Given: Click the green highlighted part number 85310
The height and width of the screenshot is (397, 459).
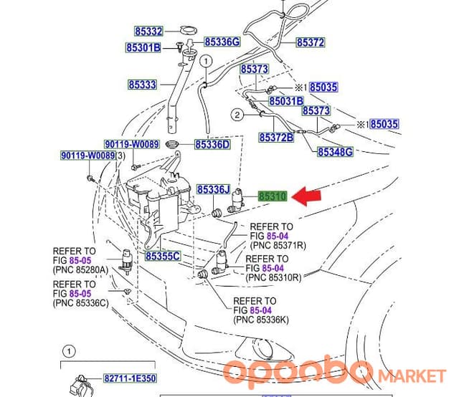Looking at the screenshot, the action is [x=273, y=196].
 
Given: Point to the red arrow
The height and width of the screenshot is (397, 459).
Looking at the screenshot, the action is [x=306, y=196].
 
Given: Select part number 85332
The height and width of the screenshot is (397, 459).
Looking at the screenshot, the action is [x=148, y=32].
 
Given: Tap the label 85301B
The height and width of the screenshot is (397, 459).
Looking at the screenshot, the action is [x=143, y=47].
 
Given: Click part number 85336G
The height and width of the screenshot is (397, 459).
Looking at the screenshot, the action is [x=222, y=42].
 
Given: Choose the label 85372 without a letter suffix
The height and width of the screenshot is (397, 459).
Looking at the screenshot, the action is [x=311, y=42].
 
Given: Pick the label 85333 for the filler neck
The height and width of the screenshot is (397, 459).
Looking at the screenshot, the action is [x=143, y=85].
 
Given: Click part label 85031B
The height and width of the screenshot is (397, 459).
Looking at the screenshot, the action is [x=286, y=101].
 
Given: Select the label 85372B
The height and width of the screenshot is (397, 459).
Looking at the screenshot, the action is [x=276, y=137].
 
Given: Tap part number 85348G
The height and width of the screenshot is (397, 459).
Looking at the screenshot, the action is [x=335, y=152].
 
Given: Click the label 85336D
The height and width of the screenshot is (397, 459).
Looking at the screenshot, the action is [x=212, y=145].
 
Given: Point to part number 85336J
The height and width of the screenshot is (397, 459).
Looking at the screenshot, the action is [x=214, y=190].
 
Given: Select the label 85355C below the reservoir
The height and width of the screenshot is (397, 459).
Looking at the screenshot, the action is [x=163, y=257].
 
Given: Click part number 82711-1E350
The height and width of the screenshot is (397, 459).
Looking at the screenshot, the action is [x=130, y=378].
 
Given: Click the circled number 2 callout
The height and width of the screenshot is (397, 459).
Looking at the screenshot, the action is [x=237, y=115].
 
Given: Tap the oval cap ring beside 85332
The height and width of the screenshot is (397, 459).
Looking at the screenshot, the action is [x=188, y=30].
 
